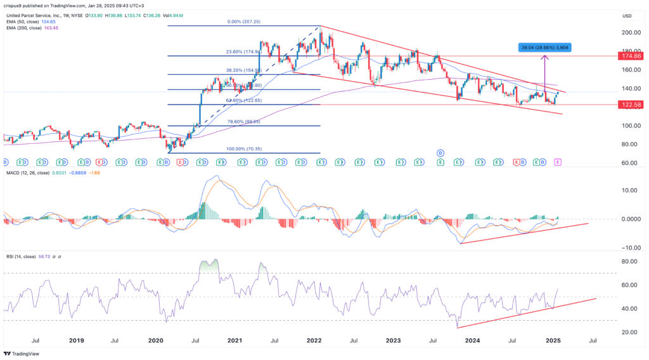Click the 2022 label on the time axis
click(314, 340)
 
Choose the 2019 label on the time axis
click(76, 340)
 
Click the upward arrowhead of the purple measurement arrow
click(544, 58)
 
